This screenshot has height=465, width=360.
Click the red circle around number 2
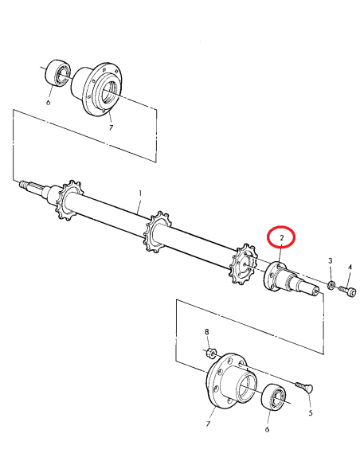coord(280,238)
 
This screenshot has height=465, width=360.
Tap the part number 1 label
coord(140,193)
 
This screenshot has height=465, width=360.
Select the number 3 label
coord(330,261)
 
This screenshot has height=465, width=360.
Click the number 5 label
coord(310,413)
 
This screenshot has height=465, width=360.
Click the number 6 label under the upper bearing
coord(48,101)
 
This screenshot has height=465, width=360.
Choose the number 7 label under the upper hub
coord(112,127)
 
